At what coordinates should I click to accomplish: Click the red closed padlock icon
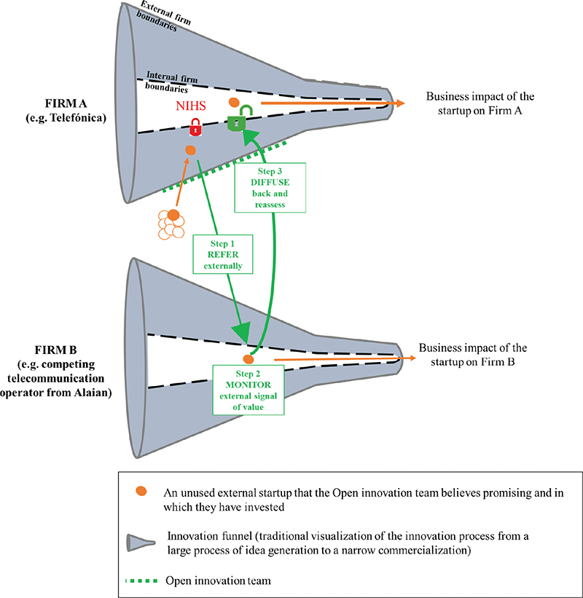point(195,129)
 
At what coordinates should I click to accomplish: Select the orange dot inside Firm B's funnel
point(248,359)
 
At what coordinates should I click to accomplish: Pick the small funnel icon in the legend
point(142,542)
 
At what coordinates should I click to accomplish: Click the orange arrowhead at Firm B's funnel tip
point(414,358)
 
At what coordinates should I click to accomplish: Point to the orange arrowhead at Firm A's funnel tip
point(400,104)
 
